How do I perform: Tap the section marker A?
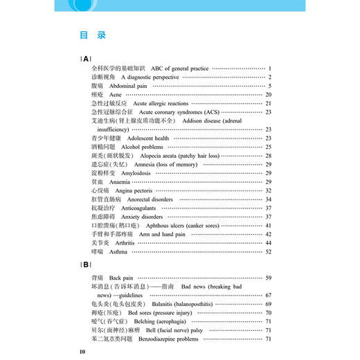[x=85, y=59]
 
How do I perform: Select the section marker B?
[x=85, y=264]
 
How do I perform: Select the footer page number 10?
[x=82, y=352]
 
